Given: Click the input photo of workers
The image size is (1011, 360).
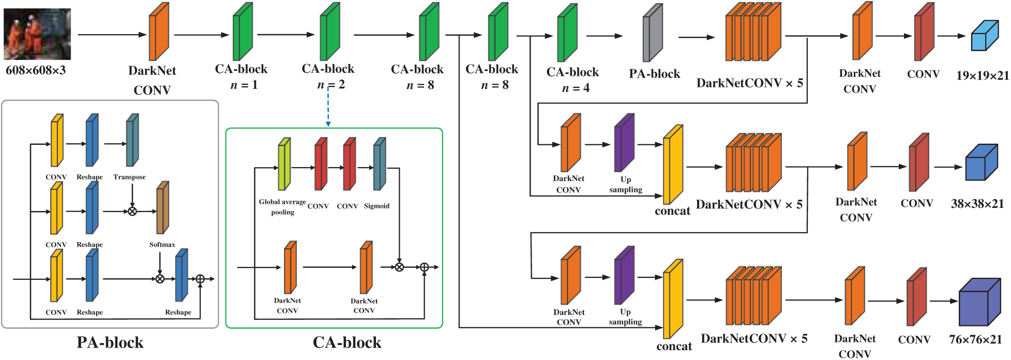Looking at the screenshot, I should coord(37,34).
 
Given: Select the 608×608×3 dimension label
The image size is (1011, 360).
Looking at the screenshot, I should coord(36,70).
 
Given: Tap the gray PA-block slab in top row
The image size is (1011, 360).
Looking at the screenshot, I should coord(653,33).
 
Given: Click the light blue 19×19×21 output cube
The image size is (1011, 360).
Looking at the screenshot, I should coord(984,36).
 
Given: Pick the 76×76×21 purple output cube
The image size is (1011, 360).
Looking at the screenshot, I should coord(979,302).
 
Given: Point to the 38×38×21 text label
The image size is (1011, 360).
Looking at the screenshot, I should coord(977,204).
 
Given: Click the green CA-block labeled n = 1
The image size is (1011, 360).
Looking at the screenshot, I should coord(243,32).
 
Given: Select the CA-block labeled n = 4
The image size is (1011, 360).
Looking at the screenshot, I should coord(567,33).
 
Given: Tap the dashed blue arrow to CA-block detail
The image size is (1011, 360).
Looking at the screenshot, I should coord(328,106).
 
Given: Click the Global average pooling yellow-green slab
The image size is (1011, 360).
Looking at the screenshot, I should coord(284,164).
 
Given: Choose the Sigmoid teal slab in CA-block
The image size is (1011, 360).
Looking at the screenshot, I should coord(380,164).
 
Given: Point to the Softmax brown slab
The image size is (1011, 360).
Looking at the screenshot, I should coord(162,208).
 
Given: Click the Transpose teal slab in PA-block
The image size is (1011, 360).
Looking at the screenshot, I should coord(132,140).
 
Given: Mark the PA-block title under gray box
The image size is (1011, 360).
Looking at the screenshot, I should coord(110,342).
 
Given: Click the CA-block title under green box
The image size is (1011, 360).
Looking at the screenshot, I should coord(347,342).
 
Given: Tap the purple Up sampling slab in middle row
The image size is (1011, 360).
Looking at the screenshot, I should coord(624,143).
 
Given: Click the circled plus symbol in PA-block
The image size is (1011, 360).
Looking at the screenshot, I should coord(200,279).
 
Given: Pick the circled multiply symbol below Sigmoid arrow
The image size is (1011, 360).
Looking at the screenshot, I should coord(399,267).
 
